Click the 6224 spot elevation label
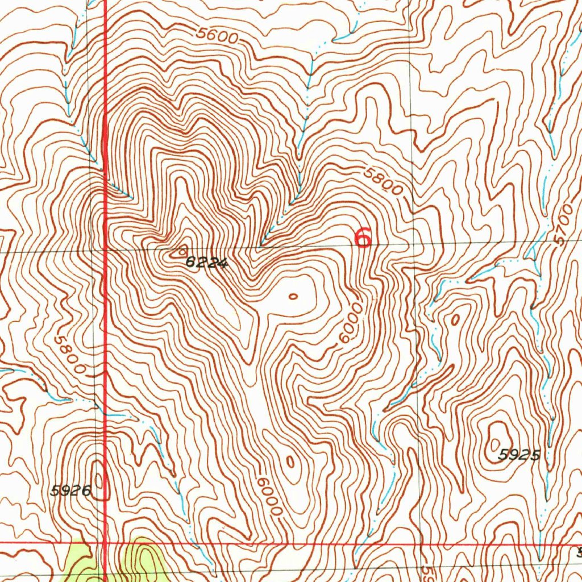[x=206, y=263]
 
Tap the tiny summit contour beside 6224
[x=182, y=250]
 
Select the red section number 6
[x=363, y=237]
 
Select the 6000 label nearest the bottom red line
[x=268, y=496]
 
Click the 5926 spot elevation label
[x=70, y=490]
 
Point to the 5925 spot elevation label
[x=518, y=455]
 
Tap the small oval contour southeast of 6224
[x=293, y=296]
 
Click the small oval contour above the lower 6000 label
[x=290, y=462]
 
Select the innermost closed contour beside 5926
[x=101, y=480]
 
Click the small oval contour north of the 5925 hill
[x=455, y=320]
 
